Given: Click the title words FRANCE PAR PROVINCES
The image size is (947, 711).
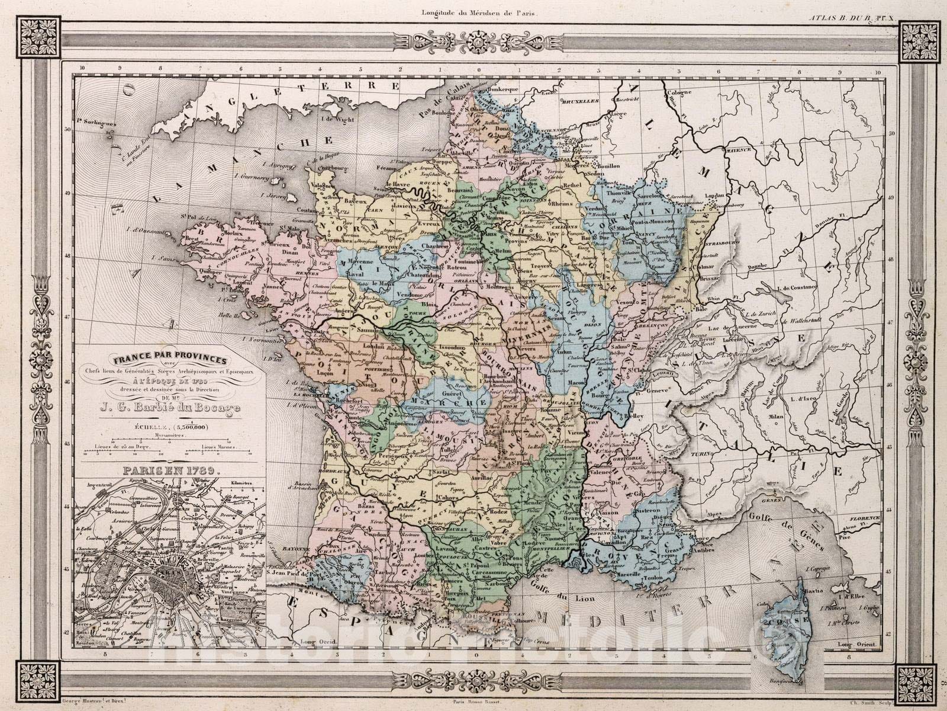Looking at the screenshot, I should [169, 360].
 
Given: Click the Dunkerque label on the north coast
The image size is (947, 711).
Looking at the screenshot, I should [504, 88].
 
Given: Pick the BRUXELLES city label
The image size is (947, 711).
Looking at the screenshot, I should [577, 101].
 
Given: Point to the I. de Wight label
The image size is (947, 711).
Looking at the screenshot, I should [331, 119].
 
